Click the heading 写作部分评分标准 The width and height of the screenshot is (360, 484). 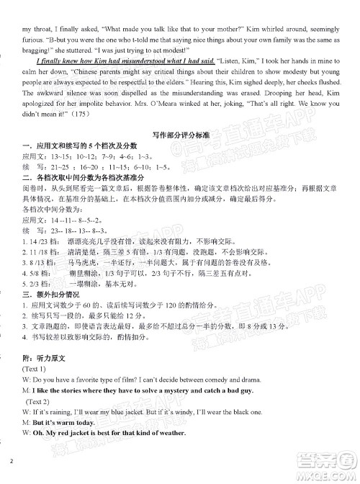tap(180, 135)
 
